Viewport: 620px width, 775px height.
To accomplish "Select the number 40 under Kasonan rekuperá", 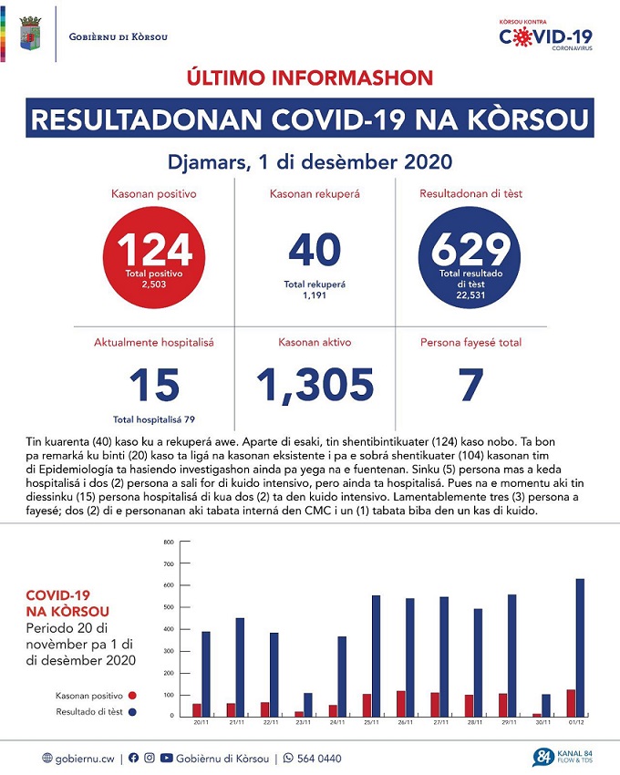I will click(314, 249).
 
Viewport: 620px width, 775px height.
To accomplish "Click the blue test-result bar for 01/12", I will click(581, 647).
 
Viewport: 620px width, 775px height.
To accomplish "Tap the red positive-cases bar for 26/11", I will click(399, 703).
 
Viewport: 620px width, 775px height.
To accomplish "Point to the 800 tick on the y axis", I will click(168, 542).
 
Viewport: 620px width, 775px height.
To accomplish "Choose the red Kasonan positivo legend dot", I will click(131, 695).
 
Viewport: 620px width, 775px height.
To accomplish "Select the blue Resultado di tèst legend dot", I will click(131, 711).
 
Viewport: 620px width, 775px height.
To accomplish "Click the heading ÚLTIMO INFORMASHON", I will click(310, 77).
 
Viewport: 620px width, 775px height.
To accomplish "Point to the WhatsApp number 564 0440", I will click(318, 758).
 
